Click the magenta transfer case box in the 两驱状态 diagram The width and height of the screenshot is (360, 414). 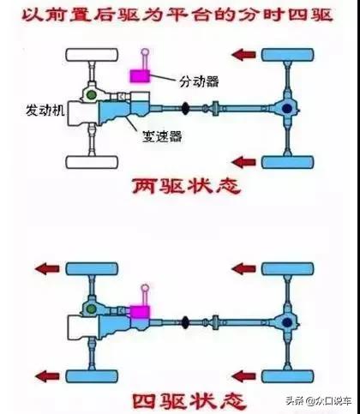(x=139, y=75)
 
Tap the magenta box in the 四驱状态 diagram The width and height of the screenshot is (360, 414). (x=140, y=310)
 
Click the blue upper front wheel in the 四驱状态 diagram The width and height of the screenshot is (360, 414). (x=90, y=269)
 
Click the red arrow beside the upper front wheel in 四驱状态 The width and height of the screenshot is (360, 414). (x=45, y=269)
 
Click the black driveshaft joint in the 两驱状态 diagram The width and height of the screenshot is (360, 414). (x=186, y=108)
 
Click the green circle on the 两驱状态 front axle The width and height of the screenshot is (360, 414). (x=89, y=93)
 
